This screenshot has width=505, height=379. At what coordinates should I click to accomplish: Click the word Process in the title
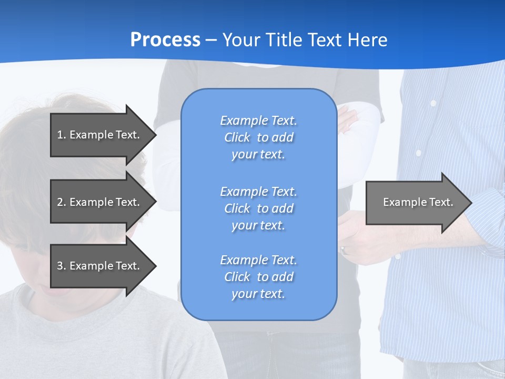[x=165, y=40]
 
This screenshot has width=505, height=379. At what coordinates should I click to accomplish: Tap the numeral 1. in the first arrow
[x=61, y=135]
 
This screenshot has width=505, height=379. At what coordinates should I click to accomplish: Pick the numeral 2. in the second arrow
[x=61, y=202]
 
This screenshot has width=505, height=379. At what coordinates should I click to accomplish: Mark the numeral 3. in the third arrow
[x=61, y=266]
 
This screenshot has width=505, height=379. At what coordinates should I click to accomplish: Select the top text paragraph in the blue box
[x=258, y=137]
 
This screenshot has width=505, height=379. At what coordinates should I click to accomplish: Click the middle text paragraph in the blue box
[x=258, y=208]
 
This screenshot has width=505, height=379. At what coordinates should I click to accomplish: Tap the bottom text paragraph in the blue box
[x=258, y=277]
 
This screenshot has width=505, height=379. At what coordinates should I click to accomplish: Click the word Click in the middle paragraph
[x=237, y=208]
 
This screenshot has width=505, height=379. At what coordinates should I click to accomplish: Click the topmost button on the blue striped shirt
[x=433, y=104]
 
